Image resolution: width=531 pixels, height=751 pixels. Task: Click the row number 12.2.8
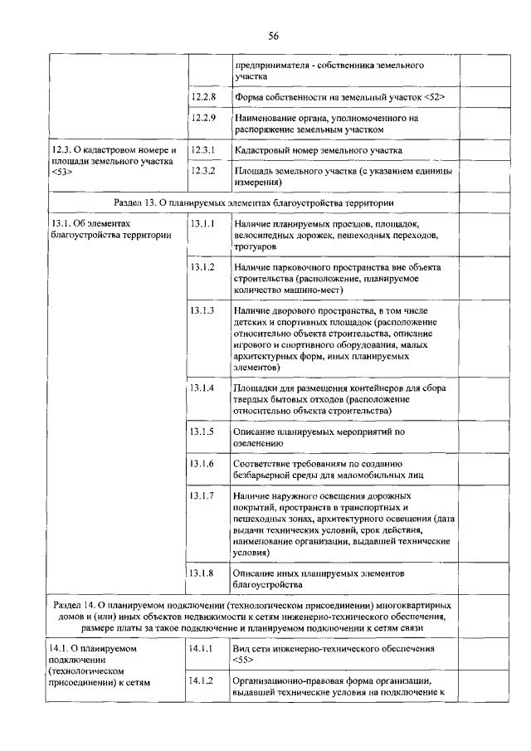(202, 97)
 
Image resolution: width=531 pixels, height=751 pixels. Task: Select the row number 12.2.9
(202, 118)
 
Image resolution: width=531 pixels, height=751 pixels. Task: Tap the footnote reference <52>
(434, 98)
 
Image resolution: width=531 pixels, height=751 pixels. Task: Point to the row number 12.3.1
(202, 150)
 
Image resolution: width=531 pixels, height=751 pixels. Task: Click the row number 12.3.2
(202, 170)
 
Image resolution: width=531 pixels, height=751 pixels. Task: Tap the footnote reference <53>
(62, 173)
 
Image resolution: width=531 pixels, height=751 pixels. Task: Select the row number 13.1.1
(202, 224)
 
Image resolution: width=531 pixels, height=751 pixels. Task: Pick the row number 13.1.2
(202, 267)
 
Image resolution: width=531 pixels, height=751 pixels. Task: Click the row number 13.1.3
(202, 310)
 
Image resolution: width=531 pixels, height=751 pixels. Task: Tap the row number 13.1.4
(202, 388)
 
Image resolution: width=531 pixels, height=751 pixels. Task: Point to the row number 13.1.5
(202, 432)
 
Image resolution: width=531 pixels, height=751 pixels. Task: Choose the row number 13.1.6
(202, 463)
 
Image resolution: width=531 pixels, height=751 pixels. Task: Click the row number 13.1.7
(202, 495)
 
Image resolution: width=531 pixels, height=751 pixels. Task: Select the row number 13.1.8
(202, 573)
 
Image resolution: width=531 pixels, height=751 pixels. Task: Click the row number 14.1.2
(202, 680)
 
